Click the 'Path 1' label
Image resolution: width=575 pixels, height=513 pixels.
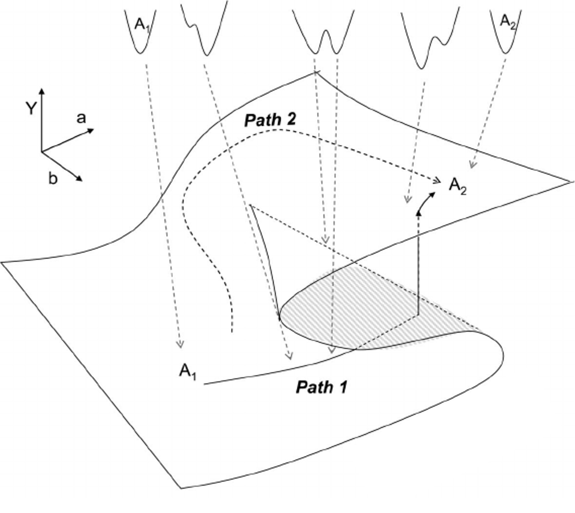coord(322,387)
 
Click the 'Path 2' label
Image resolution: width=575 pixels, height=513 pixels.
coord(270,120)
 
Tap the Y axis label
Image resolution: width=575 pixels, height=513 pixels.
coord(30,109)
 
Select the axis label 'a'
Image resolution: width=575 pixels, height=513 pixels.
coord(81,118)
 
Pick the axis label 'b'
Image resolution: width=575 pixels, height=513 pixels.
coord(52,179)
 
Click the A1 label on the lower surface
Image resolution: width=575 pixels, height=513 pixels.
coord(188,372)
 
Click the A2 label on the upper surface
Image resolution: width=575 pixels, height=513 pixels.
coord(458,186)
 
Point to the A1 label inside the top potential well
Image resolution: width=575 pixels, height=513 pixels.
coord(142,24)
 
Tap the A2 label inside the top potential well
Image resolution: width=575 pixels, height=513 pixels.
coord(507,21)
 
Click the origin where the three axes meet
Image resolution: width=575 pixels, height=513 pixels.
coord(42,152)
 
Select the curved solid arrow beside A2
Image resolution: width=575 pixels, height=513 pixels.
coord(426,200)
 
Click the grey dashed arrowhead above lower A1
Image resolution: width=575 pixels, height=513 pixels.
coord(180,345)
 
